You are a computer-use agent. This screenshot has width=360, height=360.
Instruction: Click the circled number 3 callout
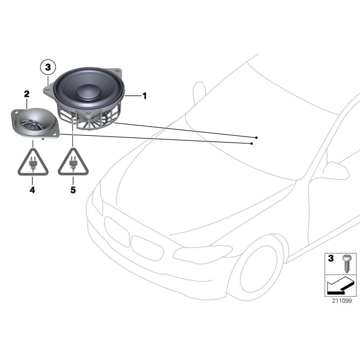(x=48, y=68)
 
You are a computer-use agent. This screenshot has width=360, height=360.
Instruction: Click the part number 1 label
(x=144, y=95)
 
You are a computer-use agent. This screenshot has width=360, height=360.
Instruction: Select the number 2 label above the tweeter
(x=27, y=94)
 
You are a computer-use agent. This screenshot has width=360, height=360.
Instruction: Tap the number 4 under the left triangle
(x=32, y=190)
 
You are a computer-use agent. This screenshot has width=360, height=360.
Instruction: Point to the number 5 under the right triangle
(x=73, y=190)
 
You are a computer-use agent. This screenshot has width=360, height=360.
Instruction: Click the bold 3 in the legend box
(x=331, y=259)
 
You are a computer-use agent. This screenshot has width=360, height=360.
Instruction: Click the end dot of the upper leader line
(x=256, y=137)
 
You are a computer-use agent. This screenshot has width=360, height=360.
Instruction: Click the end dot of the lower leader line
(x=252, y=144)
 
